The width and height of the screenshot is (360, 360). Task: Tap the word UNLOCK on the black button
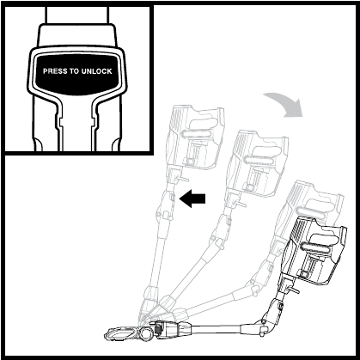[x=96, y=71]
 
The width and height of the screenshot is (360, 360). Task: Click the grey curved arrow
[x=285, y=104]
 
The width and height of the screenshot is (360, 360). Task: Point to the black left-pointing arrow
[x=192, y=198]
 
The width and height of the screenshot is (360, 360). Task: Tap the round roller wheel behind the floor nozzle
[x=145, y=333]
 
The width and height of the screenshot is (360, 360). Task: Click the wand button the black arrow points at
[x=172, y=198]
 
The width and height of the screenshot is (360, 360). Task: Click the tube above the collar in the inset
[x=76, y=15]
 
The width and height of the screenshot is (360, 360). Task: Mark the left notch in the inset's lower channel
[x=60, y=123]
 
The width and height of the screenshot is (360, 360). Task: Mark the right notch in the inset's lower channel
[x=93, y=123]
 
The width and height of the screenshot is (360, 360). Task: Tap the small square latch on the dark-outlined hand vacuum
[x=304, y=275]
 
